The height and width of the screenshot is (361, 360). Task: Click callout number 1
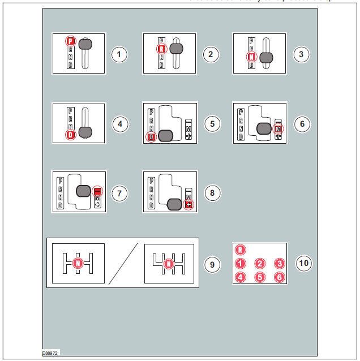click(119, 54)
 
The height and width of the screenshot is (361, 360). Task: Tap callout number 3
click(300, 54)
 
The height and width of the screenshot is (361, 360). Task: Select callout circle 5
click(211, 124)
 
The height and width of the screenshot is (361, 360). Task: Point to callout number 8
click(211, 193)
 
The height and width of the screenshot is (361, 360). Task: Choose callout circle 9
click(212, 264)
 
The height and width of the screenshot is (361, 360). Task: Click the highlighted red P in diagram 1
click(70, 41)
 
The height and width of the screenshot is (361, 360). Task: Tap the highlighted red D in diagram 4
click(70, 135)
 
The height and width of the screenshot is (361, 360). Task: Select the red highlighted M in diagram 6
click(278, 129)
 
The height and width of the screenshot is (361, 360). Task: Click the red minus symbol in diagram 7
click(97, 191)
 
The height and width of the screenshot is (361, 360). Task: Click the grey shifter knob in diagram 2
click(176, 49)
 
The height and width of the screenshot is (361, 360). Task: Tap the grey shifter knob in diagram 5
click(165, 135)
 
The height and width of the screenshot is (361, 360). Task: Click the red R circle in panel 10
click(241, 250)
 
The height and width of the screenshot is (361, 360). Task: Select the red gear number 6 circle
click(278, 277)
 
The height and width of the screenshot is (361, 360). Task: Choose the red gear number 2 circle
click(259, 264)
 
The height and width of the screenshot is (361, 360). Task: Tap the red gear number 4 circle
click(241, 277)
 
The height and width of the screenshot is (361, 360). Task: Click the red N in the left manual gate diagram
click(78, 263)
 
